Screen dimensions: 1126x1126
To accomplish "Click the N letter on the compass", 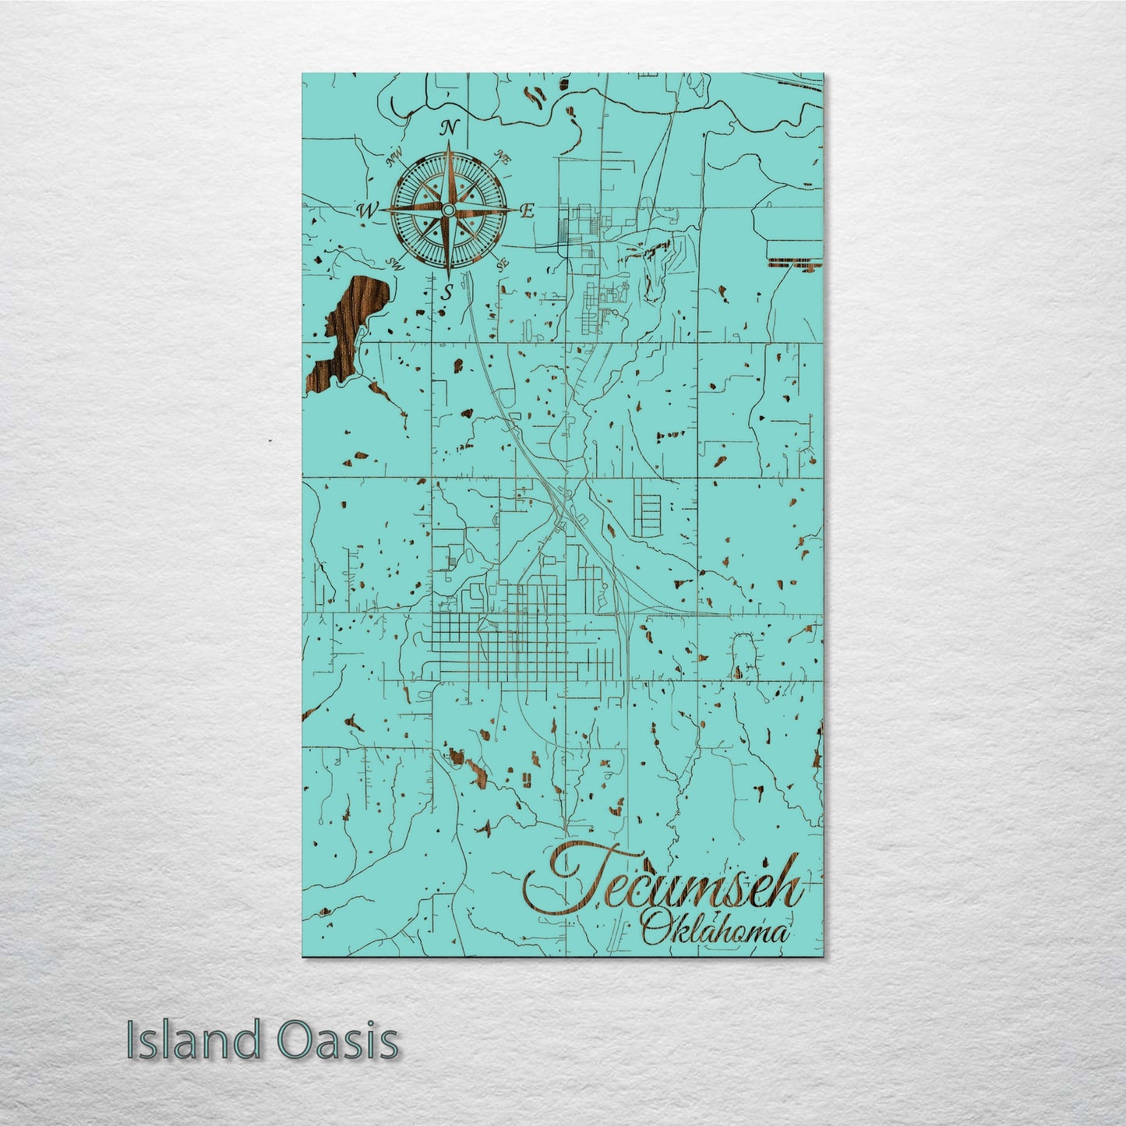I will [450, 129].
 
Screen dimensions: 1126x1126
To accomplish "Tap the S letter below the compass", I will [447, 294].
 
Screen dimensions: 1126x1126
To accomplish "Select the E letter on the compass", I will [527, 210].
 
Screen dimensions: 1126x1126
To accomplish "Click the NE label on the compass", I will [505, 158].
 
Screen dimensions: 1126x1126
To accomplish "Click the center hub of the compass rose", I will [448, 211].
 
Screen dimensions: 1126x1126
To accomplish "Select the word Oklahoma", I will [713, 930].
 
